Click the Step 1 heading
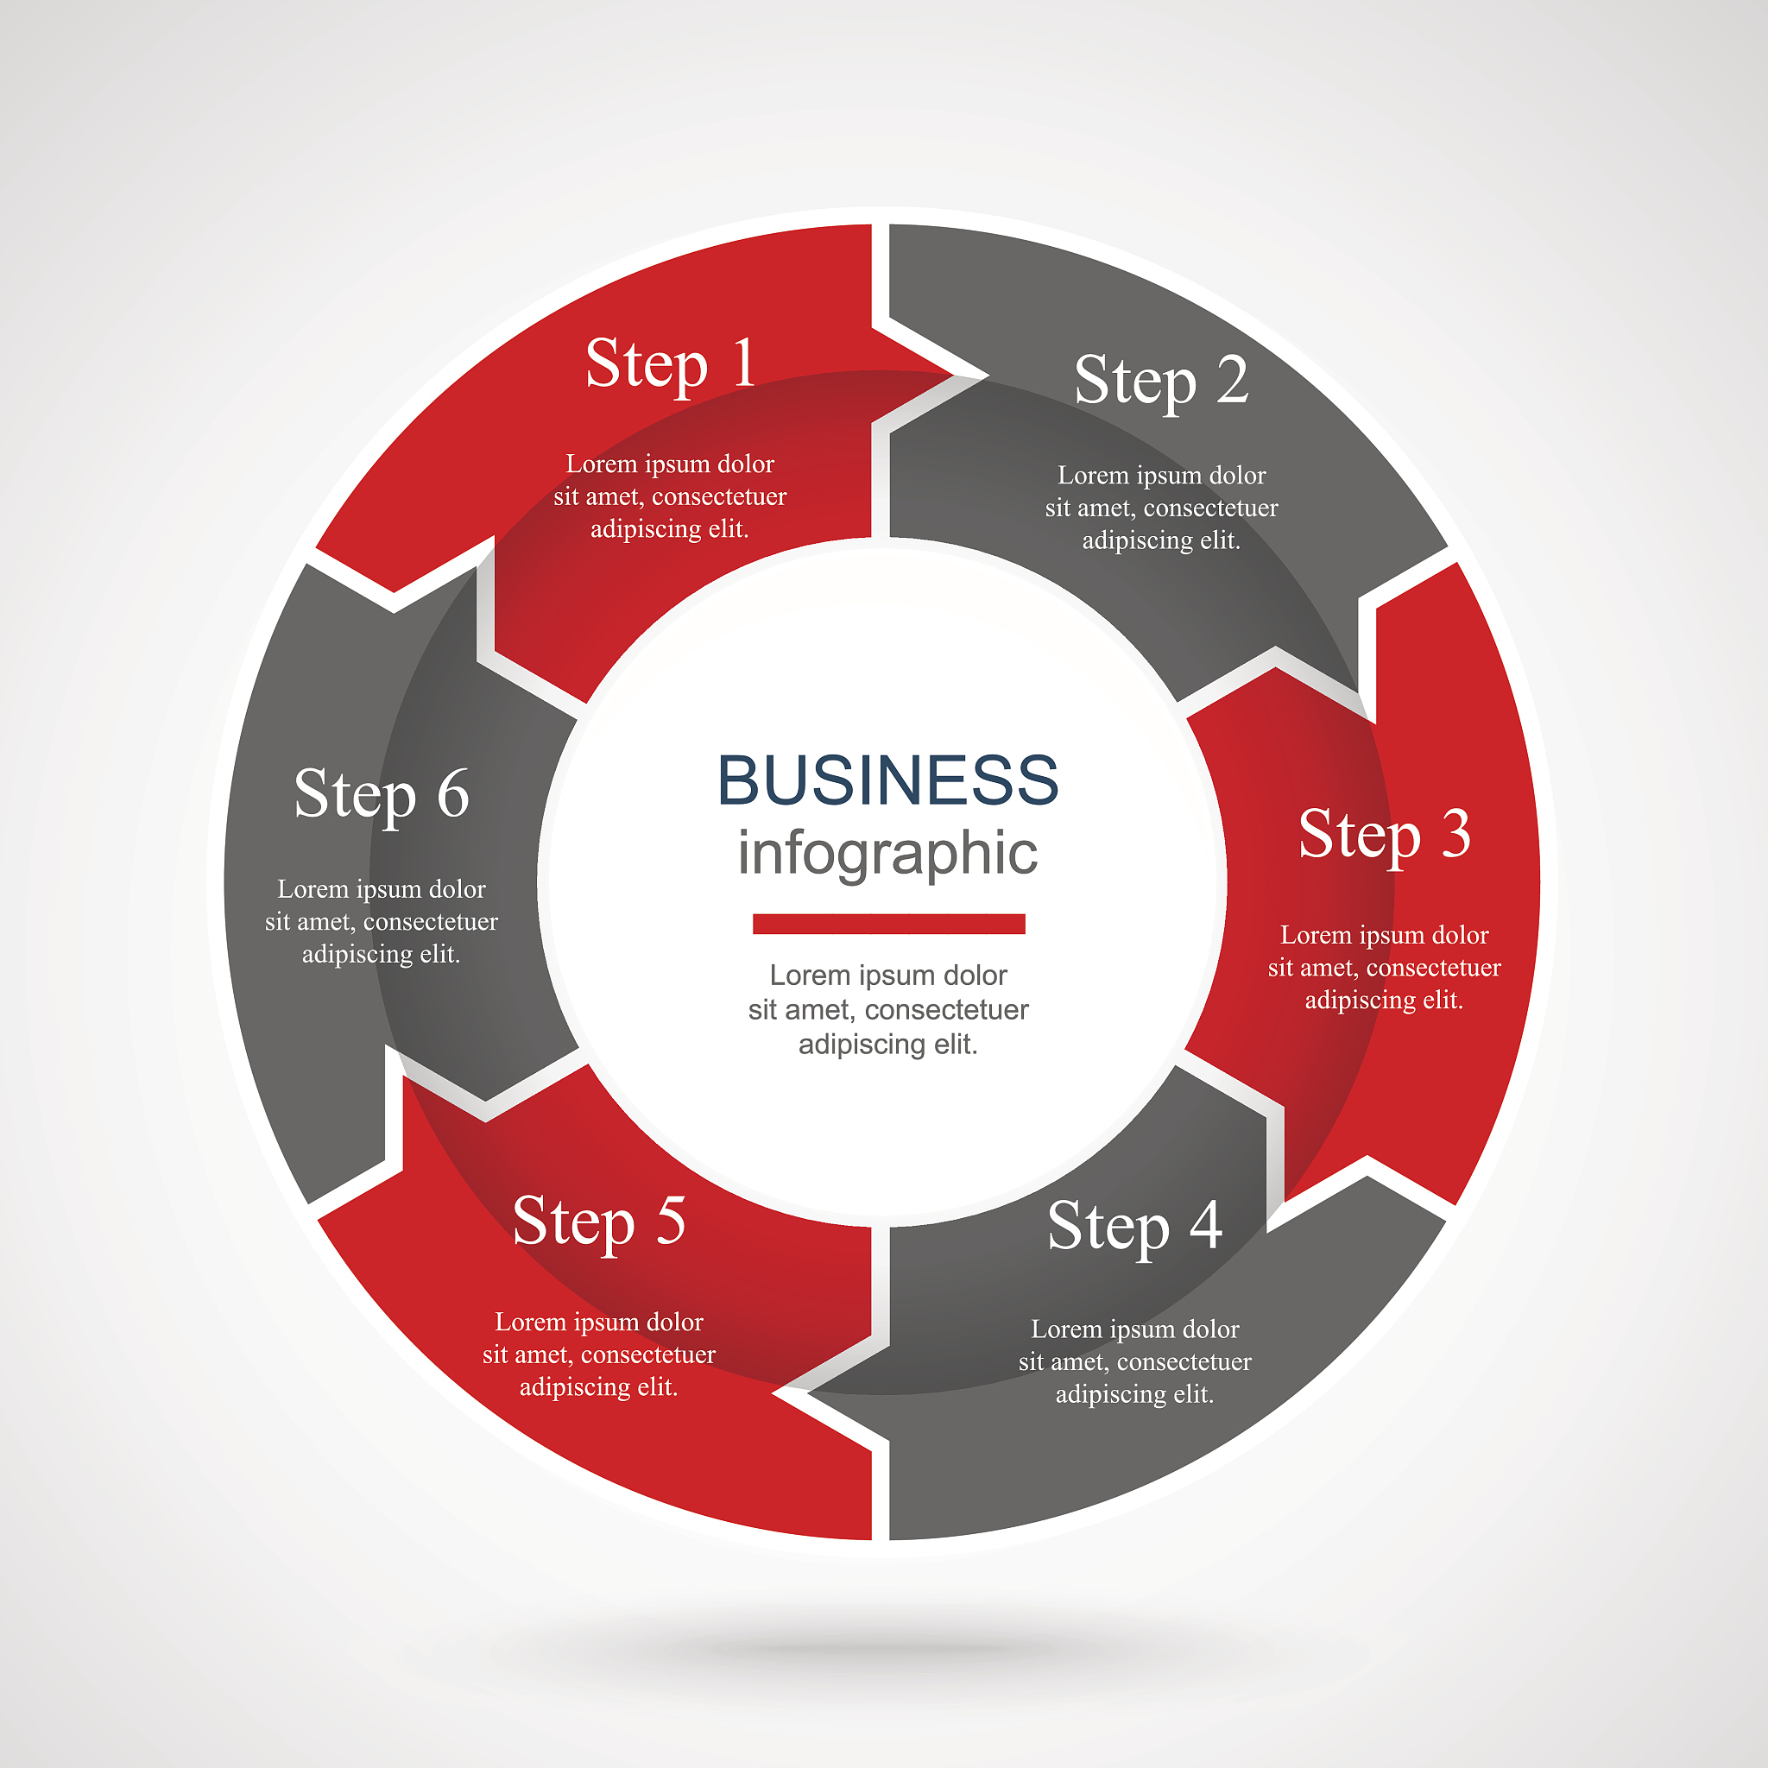[671, 364]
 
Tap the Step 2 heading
[1160, 381]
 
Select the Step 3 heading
[1384, 835]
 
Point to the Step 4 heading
[1133, 1226]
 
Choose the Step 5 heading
[598, 1222]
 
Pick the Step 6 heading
[381, 794]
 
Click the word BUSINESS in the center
[887, 780]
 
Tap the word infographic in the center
[887, 854]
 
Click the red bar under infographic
[887, 925]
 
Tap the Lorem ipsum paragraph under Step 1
[670, 496]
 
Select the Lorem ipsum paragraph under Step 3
[1384, 967]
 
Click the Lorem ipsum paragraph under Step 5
[598, 1354]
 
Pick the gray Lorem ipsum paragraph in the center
[887, 1009]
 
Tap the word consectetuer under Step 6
[430, 921]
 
